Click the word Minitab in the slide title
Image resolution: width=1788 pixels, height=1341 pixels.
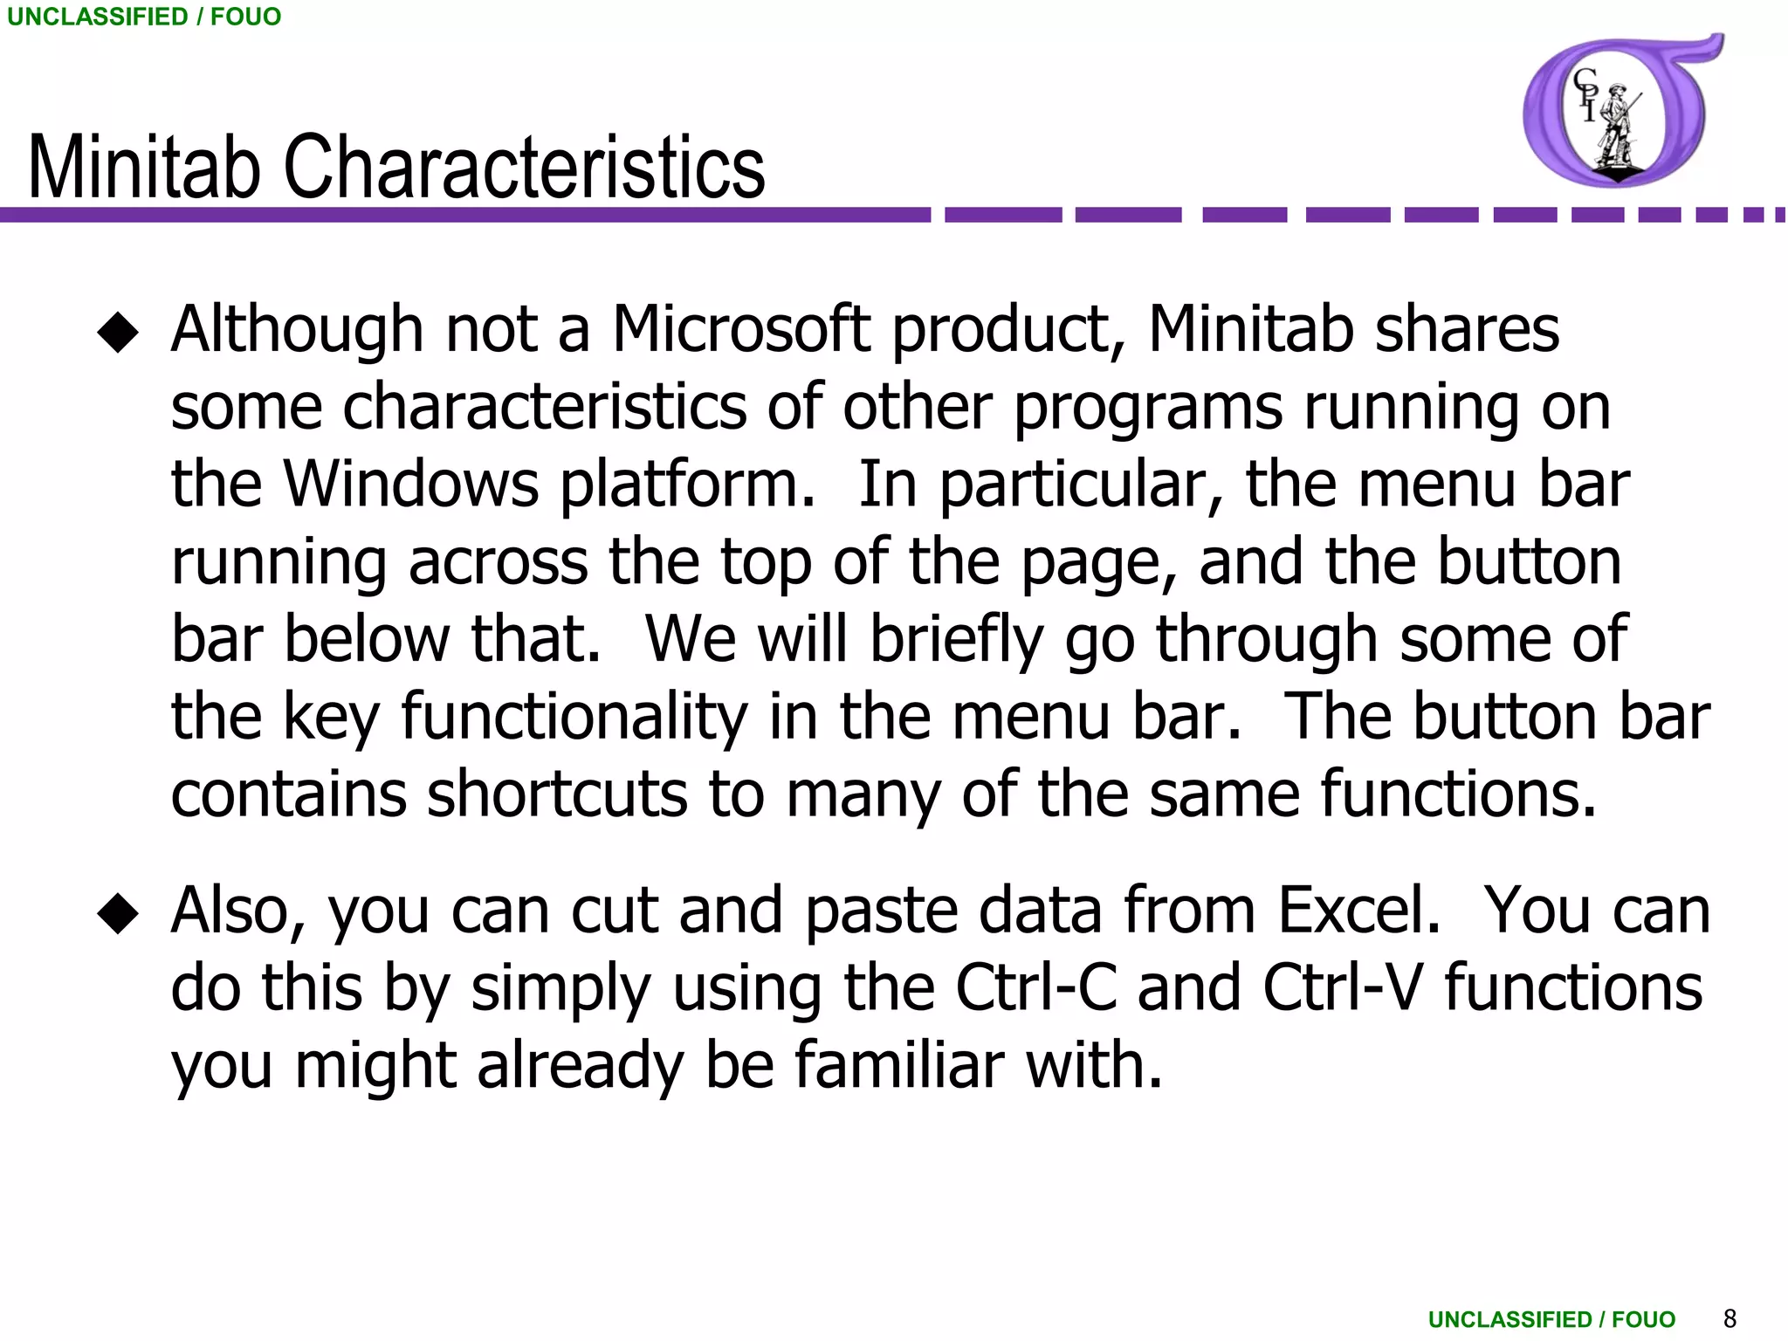[145, 168]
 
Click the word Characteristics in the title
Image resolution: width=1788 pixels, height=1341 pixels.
[524, 168]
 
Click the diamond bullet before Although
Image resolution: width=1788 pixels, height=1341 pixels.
[118, 333]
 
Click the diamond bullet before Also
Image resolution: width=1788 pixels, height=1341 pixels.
[118, 914]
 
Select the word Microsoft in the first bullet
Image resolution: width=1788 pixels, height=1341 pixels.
[741, 330]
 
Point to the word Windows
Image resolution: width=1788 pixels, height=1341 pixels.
[411, 485]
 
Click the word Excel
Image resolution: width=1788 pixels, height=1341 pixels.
[1358, 911]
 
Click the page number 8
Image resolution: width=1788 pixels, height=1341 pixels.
[1730, 1318]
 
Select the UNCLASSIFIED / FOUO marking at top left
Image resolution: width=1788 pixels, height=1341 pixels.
[144, 17]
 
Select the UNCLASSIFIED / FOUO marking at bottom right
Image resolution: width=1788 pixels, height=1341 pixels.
[1551, 1319]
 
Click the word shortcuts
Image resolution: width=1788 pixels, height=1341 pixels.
[557, 794]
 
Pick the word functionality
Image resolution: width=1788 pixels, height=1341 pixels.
[574, 719]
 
